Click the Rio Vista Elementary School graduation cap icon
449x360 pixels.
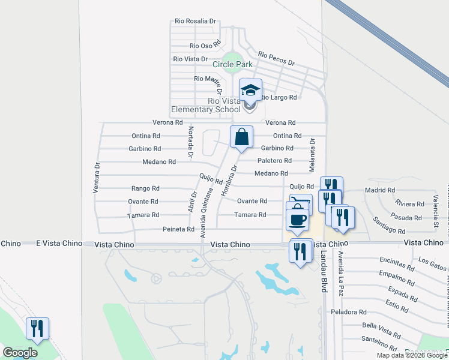pyautogui.click(x=251, y=91)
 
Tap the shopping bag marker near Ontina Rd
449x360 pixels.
pyautogui.click(x=241, y=137)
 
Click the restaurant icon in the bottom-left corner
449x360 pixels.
pyautogui.click(x=37, y=329)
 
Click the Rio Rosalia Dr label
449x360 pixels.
pyautogui.click(x=195, y=21)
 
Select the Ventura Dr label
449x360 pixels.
pyautogui.click(x=95, y=178)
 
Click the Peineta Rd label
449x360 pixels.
pyautogui.click(x=178, y=229)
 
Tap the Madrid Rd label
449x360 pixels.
pyautogui.click(x=379, y=190)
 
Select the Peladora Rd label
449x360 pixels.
pyautogui.click(x=349, y=312)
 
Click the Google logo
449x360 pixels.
pyautogui.click(x=20, y=353)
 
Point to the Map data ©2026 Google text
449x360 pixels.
pyautogui.click(x=411, y=355)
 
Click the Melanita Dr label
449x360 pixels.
pyautogui.click(x=312, y=154)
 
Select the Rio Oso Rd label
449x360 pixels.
pyautogui.click(x=206, y=45)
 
